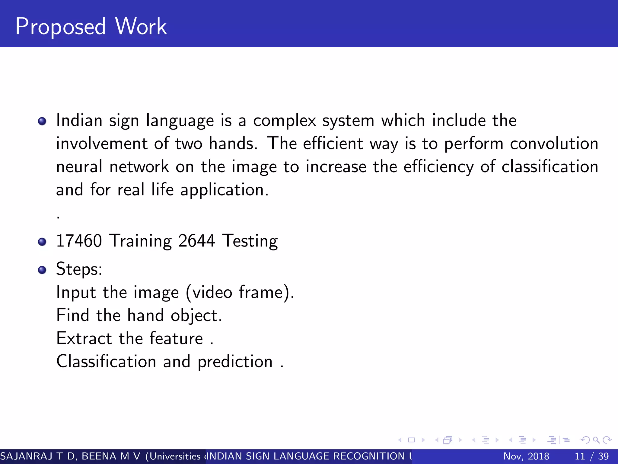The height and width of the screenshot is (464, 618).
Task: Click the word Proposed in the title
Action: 60,27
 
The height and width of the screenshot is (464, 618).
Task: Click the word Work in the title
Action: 141,27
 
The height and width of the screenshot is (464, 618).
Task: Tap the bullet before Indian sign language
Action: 42,121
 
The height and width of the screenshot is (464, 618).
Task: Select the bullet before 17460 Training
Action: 42,242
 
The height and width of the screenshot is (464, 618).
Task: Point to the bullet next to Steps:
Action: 42,269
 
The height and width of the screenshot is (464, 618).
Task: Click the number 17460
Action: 79,241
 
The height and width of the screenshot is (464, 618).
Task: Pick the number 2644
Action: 196,241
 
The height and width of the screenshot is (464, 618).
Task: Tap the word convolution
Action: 554,143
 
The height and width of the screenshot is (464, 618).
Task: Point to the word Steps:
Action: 79,269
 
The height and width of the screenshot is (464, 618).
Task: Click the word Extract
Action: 84,338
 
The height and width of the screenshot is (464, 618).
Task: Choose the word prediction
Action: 235,362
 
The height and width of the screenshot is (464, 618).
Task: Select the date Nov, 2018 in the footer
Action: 526,456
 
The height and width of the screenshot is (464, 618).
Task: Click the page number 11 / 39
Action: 592,456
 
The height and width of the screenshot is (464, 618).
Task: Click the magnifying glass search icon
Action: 596,440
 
